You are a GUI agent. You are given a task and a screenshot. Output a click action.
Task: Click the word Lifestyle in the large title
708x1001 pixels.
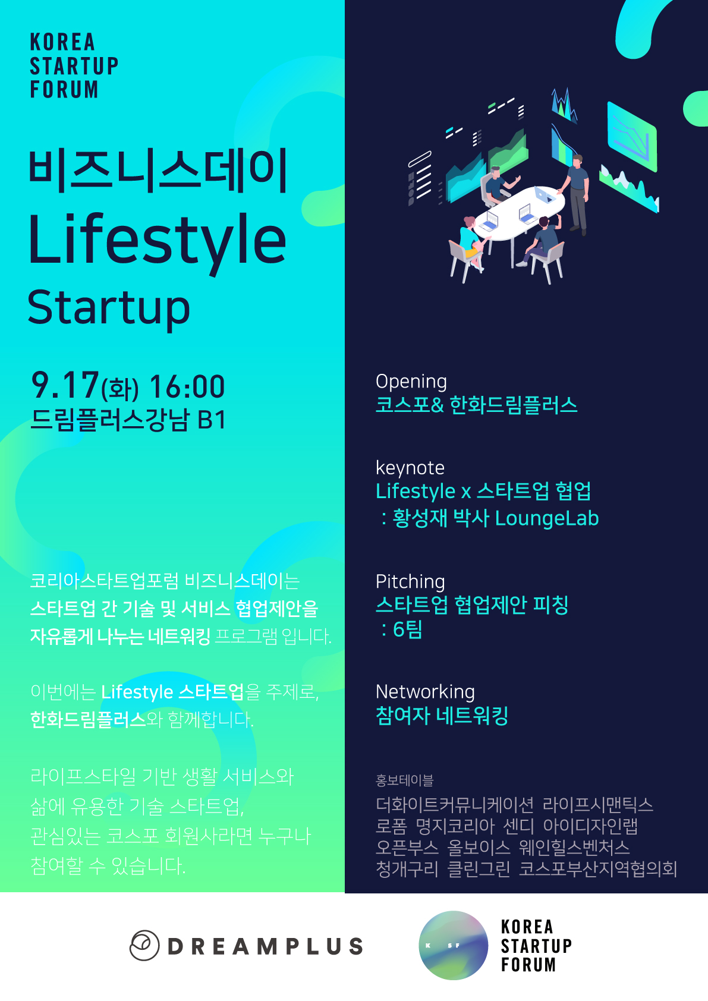click(157, 241)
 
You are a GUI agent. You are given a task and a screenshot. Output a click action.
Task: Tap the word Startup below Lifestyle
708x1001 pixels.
click(109, 309)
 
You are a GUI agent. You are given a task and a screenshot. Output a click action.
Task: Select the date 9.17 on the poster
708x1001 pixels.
click(64, 385)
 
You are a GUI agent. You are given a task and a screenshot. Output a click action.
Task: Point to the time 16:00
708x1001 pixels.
click(187, 386)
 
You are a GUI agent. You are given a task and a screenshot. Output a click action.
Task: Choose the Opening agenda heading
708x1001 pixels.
click(411, 382)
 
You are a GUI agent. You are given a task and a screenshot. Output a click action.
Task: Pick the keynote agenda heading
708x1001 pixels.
click(410, 468)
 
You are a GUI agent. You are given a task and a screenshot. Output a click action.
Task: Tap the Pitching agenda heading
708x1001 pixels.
click(410, 582)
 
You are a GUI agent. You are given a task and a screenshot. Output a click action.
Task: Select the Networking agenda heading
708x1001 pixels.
click(425, 692)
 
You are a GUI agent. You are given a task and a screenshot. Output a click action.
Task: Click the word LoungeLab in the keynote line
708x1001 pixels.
click(547, 518)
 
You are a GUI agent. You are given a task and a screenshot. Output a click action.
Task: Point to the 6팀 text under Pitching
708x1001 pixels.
click(407, 629)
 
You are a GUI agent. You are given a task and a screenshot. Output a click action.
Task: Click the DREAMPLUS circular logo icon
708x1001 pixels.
click(144, 945)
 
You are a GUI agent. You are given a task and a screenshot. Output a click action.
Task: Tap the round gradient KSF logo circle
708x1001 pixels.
click(453, 945)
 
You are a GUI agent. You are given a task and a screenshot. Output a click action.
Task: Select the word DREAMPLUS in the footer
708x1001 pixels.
click(265, 946)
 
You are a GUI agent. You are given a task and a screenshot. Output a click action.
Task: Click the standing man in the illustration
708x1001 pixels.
click(577, 195)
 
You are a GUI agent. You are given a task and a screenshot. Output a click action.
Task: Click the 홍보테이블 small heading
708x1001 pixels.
click(404, 780)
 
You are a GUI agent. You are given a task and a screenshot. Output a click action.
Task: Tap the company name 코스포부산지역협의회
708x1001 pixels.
click(597, 868)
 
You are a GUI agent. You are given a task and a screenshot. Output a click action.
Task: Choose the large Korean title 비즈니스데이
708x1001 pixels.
click(158, 171)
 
